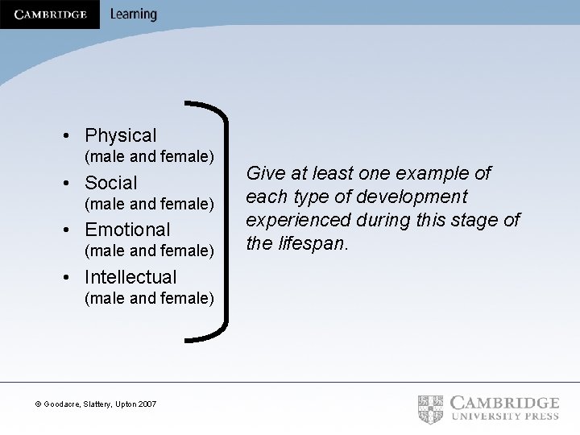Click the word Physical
pos(121,135)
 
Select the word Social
pos(111,183)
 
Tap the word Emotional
pos(127,230)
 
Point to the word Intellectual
pos(130,277)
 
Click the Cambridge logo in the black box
pos(50,14)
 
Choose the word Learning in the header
pos(134,14)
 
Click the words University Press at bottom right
pos(505,416)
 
